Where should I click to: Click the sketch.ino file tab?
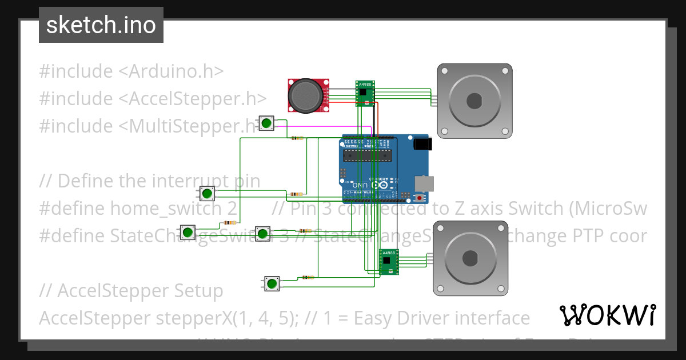101,25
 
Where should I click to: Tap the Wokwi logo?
607,315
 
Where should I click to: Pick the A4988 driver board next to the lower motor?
389,262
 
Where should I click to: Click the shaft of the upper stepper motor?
474,101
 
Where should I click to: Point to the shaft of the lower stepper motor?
470,258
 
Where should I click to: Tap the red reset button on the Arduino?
421,198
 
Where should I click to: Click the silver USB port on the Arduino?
424,183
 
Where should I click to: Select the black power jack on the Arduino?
421,143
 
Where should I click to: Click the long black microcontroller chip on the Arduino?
366,154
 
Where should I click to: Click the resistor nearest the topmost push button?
297,138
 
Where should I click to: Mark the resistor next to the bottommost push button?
308,278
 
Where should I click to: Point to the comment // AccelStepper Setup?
131,291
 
